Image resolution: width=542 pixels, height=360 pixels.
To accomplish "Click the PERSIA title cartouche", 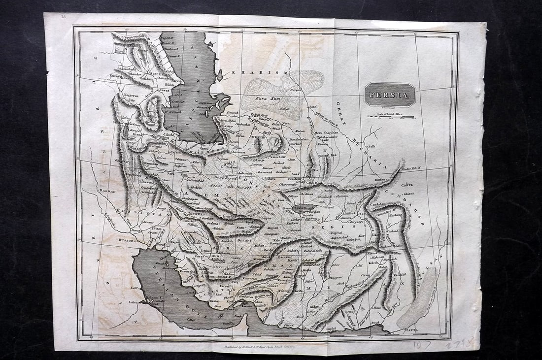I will [390, 95].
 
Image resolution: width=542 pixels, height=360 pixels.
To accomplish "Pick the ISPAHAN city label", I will [185, 215].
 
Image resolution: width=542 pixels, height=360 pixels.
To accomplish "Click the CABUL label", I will [406, 186].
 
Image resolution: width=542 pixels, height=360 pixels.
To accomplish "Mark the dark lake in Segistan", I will [301, 208].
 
